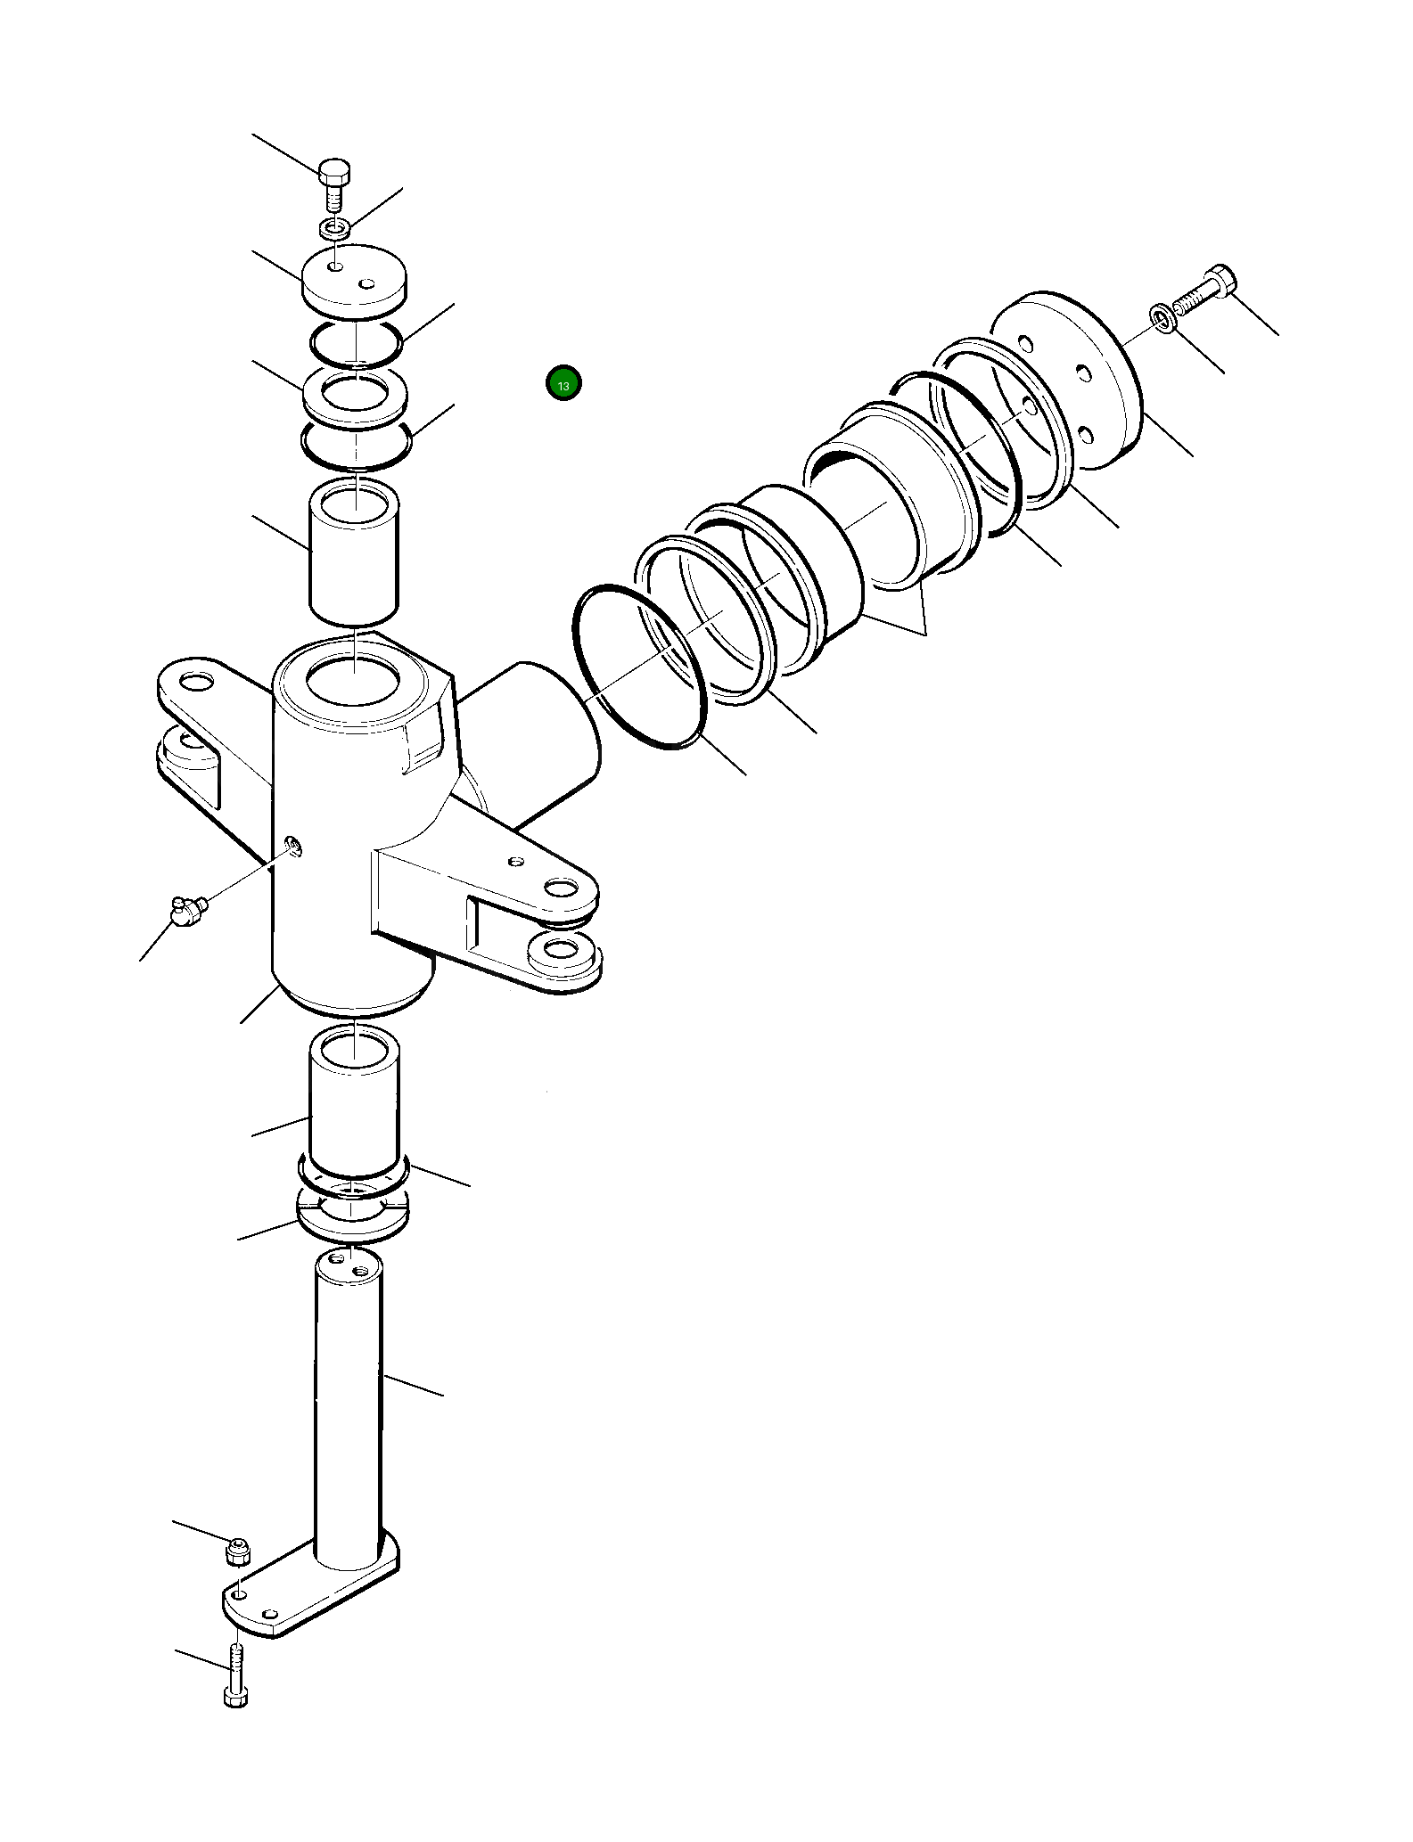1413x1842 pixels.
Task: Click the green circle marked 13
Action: (563, 384)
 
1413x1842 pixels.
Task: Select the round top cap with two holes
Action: (354, 280)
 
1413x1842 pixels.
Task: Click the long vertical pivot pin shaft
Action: (348, 1408)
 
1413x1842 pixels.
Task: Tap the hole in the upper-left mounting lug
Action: (196, 684)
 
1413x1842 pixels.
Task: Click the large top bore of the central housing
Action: (353, 681)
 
